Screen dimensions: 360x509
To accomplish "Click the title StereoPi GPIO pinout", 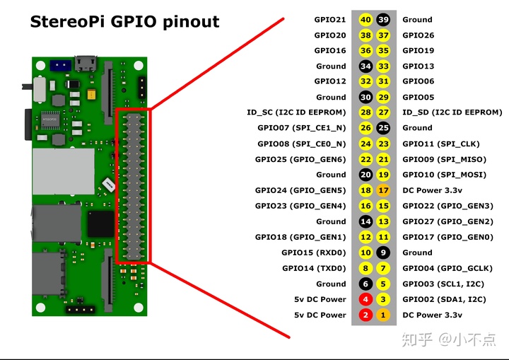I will pos(124,21).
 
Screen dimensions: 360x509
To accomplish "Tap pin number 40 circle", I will pos(365,20).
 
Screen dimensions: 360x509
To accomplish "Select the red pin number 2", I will pos(365,315).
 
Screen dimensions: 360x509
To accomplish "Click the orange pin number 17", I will pos(383,190).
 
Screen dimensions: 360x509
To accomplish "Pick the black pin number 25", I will pos(383,128).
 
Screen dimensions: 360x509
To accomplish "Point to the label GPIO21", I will pos(330,20).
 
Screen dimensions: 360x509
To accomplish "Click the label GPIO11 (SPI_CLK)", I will pos(440,144).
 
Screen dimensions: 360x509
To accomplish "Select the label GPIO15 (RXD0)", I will pos(314,252).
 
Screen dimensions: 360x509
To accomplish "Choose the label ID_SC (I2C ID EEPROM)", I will pos(296,112).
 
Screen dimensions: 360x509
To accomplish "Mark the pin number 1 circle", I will pos(383,315).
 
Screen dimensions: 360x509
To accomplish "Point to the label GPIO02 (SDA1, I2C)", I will pos(444,300).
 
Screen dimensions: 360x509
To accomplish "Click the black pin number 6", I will pos(365,284).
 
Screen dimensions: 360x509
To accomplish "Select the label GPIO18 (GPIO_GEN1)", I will pos(300,237).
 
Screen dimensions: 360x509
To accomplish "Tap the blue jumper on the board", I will pos(60,64).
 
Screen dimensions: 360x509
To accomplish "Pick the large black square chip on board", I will pos(100,225).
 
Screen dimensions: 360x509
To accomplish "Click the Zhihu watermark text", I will pos(449,339).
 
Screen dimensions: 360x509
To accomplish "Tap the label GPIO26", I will pos(419,35).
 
